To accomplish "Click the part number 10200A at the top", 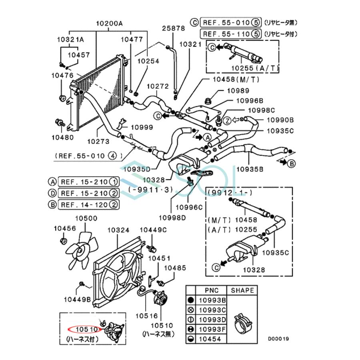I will (109, 23).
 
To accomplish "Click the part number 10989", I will (238, 91).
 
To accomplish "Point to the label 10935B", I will (249, 169).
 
